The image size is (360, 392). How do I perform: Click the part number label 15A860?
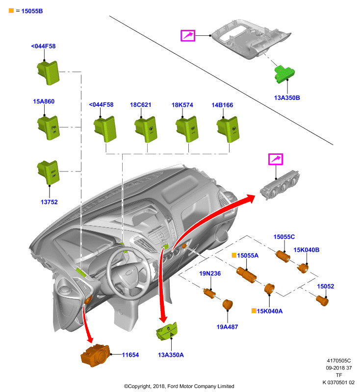(44, 101)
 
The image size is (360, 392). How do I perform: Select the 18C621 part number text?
(141, 105)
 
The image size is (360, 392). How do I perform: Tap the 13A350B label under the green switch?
(287, 98)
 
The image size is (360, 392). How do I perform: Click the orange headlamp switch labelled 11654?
(95, 355)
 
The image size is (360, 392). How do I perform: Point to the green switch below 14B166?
(228, 129)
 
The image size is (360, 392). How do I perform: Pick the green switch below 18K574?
(187, 129)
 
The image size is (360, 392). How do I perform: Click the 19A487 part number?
(227, 327)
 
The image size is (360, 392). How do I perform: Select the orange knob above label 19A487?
(228, 304)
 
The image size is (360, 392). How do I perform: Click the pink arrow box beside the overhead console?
(188, 35)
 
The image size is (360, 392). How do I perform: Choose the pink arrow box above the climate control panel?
(276, 159)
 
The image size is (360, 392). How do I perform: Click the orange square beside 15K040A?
(254, 311)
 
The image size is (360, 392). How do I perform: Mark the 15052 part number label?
(326, 286)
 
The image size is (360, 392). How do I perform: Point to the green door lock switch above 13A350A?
(167, 331)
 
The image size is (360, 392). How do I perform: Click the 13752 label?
(49, 202)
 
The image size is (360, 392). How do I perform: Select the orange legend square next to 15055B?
(11, 10)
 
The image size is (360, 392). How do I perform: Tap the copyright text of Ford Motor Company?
(179, 386)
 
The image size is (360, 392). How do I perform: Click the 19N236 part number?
(210, 273)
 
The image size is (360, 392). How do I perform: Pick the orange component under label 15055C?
(283, 256)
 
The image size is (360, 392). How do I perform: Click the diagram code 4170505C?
(339, 361)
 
